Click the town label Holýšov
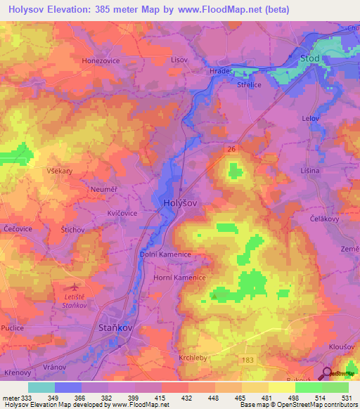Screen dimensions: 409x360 179,202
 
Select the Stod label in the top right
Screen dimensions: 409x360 310,58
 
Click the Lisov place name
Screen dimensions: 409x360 180,60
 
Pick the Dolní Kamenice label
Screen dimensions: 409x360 165,255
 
